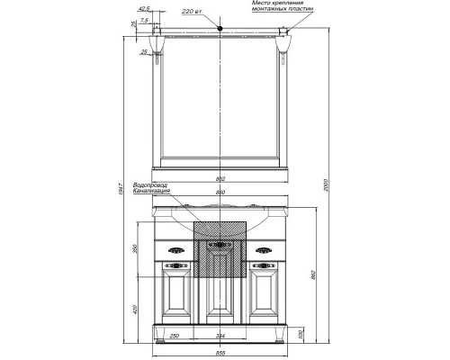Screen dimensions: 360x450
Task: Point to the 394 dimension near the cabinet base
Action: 221,336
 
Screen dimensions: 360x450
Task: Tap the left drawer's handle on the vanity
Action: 175,250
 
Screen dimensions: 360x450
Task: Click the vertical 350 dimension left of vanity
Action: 136,250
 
